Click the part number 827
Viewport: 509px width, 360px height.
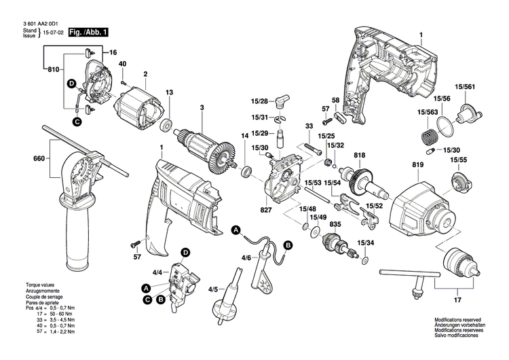266,211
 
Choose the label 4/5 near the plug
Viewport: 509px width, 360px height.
212,289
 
